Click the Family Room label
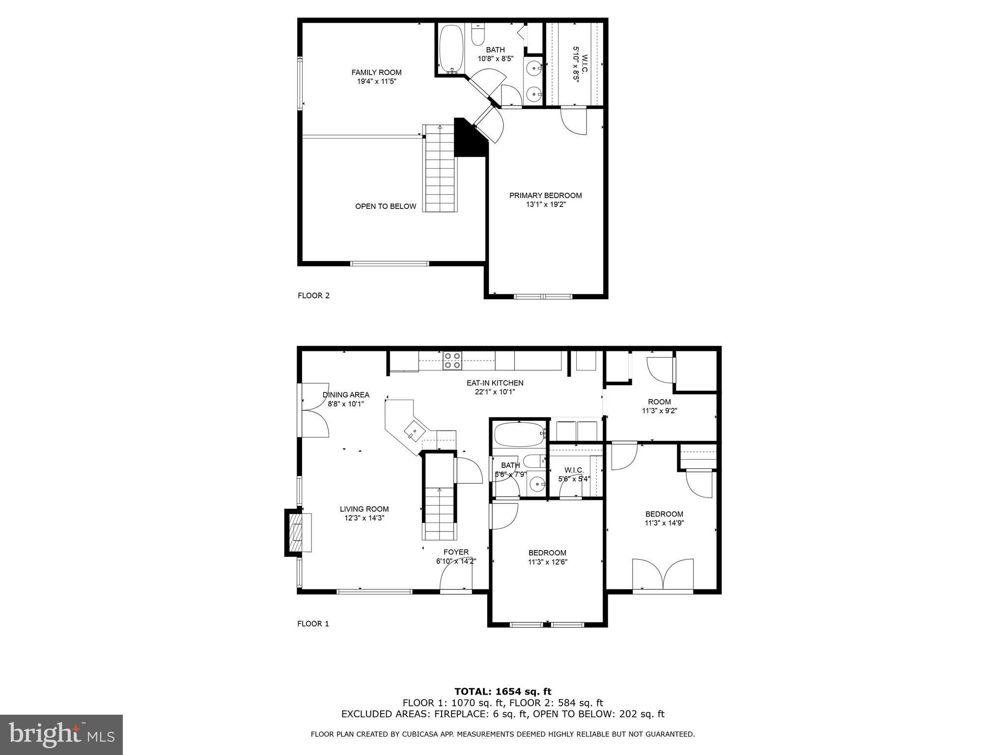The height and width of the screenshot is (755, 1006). tap(376, 72)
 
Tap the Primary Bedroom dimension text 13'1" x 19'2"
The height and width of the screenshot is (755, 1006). tap(545, 204)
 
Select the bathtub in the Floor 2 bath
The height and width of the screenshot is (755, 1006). tap(449, 49)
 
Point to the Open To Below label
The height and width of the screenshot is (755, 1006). tap(386, 206)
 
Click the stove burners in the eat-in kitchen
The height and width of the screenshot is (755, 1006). tap(452, 360)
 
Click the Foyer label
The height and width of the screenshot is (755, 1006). tap(456, 552)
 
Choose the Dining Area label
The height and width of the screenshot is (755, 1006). tap(346, 395)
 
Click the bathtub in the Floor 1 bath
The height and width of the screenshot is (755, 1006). tap(519, 434)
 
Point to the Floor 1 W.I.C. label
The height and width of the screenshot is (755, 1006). tap(574, 470)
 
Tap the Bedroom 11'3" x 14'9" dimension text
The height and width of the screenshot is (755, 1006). tap(664, 523)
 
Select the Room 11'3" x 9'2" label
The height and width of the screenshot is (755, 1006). tap(659, 402)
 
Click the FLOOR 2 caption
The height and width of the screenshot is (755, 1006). tap(313, 295)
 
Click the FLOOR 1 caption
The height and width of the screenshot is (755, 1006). tap(313, 624)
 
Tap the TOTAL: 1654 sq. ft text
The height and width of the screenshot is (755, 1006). tap(503, 692)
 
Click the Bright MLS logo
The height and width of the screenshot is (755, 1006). tap(61, 734)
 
